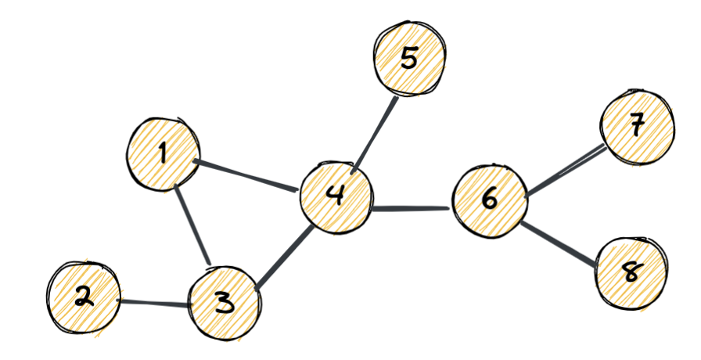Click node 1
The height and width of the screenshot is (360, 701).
163,153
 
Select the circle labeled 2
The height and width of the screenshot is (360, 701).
84,298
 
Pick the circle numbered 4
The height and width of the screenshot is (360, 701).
336,196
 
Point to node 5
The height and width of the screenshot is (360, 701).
409,59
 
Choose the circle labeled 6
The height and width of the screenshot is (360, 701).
490,200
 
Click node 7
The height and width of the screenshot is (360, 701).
636,127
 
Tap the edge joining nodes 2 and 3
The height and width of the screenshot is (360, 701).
155,301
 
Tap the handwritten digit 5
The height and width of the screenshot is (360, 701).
408,59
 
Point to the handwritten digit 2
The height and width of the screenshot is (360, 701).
84,297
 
